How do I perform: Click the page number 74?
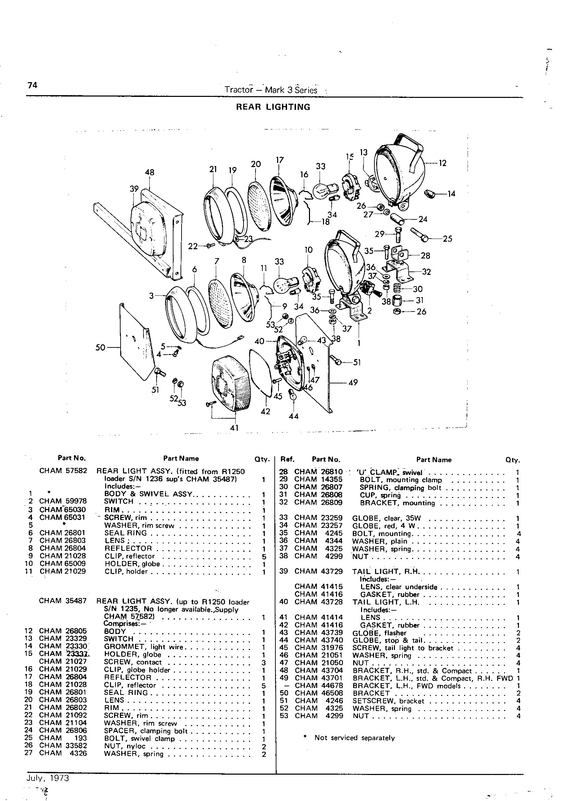pos(32,85)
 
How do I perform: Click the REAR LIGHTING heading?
pos(273,107)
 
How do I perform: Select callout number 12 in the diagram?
pos(443,163)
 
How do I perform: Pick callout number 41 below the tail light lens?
pos(234,428)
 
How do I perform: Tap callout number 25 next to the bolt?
pos(447,239)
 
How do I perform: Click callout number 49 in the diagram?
pos(353,382)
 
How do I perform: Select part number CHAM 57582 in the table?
pos(63,471)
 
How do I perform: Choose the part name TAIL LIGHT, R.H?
pos(386,571)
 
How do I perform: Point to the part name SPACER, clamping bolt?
pos(146,731)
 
